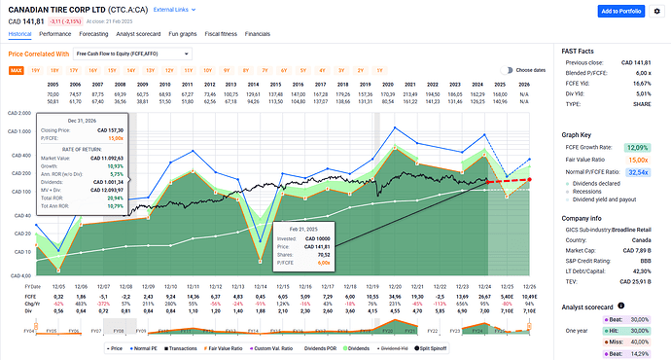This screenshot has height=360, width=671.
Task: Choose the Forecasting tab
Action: pos(115,33)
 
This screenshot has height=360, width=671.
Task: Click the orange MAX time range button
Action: pos(17,71)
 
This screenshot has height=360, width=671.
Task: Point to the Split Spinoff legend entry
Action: pos(441,346)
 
